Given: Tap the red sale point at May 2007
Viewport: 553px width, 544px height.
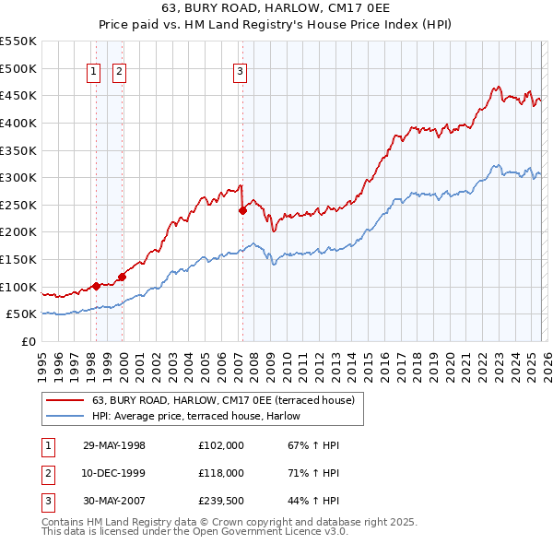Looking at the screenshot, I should coord(242,210).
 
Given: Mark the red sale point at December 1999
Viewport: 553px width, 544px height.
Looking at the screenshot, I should coord(122,276).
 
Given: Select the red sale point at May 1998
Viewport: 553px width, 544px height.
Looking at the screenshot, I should coord(96,285).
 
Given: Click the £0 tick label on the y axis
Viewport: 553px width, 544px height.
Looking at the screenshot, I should coord(28,341).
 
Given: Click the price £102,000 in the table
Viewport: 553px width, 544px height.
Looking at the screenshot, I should coord(220,445).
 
